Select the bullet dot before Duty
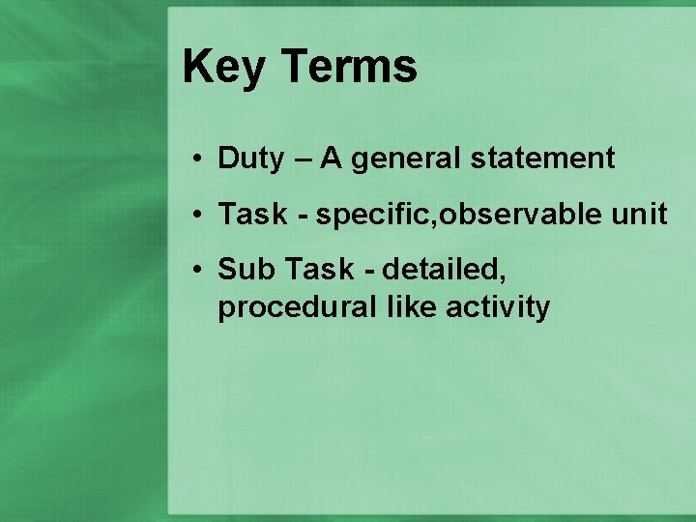[195, 159]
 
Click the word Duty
[250, 159]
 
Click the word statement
[542, 159]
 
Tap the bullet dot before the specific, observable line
[195, 215]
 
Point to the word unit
[639, 215]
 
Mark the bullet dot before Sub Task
[195, 270]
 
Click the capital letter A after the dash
[332, 159]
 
